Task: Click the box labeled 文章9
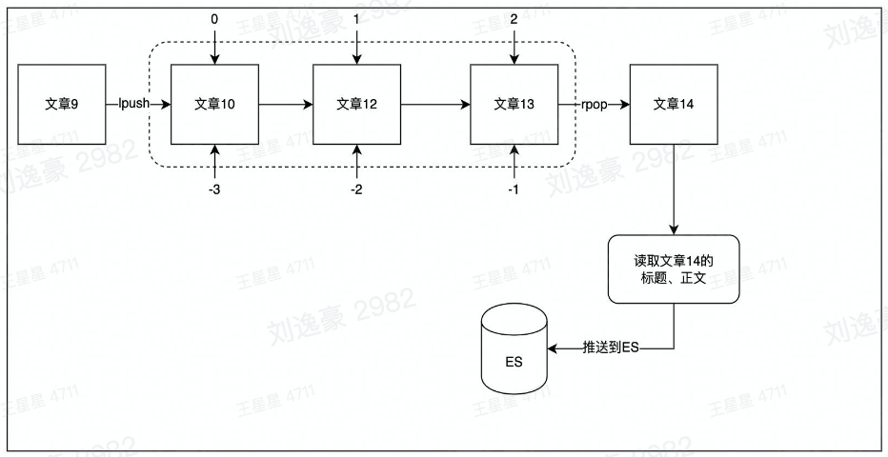click(x=61, y=104)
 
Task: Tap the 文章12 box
click(x=356, y=104)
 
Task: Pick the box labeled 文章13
click(x=515, y=104)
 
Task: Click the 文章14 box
click(x=674, y=104)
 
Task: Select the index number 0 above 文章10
click(x=214, y=19)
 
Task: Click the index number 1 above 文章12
click(x=356, y=19)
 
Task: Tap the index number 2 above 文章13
click(x=515, y=19)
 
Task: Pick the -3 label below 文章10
click(x=214, y=190)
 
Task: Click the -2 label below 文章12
click(x=356, y=190)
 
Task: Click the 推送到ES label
click(x=610, y=348)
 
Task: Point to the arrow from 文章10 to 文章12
click(x=286, y=104)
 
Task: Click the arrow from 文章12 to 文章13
click(x=435, y=104)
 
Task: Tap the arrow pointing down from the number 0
click(x=214, y=48)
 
